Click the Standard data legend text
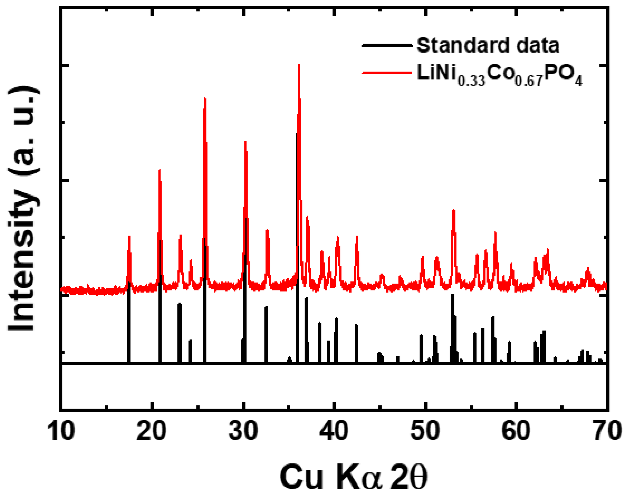[488, 46]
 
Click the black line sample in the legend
[387, 46]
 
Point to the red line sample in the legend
[387, 72]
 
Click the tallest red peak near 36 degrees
[299, 65]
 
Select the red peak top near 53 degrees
[453, 210]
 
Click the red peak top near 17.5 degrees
[129, 237]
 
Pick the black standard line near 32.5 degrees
[266, 334]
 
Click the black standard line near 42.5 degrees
[356, 342]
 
